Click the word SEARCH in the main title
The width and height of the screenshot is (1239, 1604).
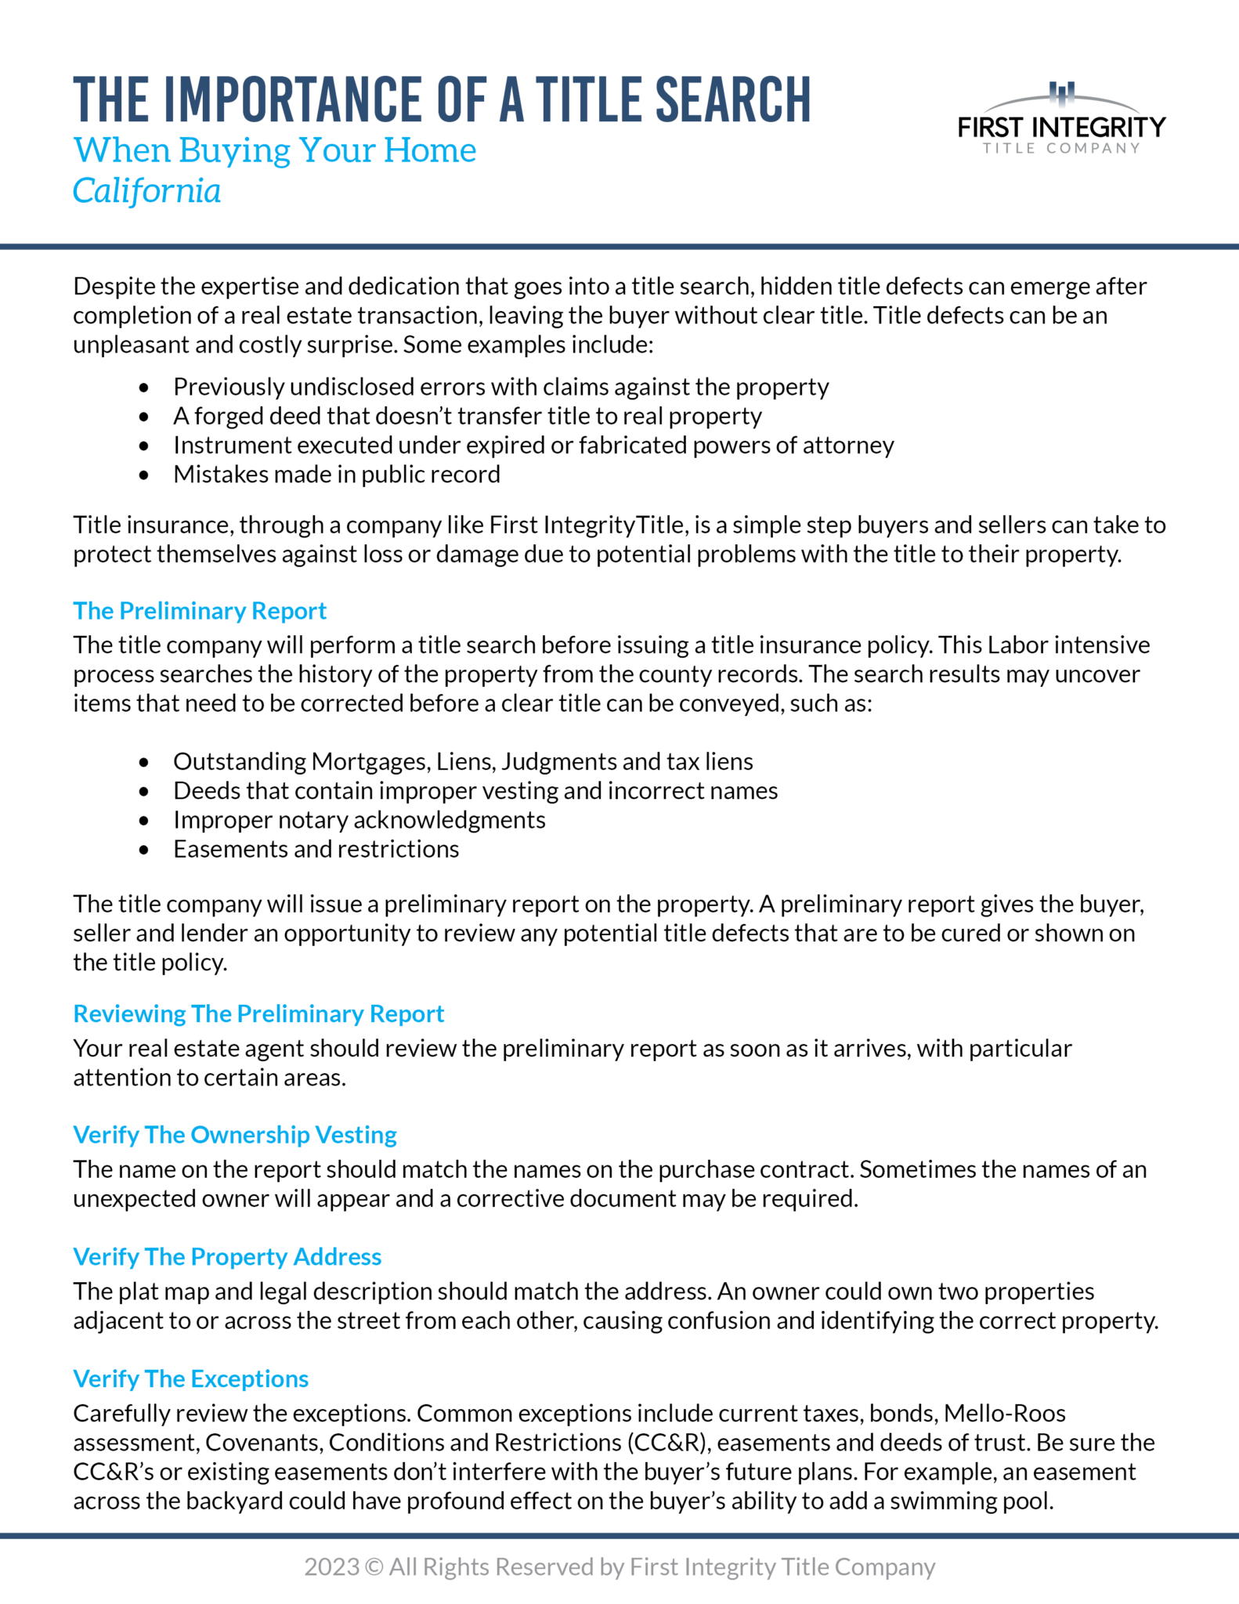[732, 100]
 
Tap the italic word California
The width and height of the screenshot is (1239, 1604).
[147, 191]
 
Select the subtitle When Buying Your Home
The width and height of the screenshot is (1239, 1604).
[275, 150]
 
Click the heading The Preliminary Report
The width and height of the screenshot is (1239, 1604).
[200, 611]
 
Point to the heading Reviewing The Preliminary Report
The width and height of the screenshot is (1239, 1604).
[258, 1013]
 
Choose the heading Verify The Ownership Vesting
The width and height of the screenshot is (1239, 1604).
[235, 1135]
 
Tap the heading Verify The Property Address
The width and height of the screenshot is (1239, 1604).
[227, 1256]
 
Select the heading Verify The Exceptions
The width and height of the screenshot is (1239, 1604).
[191, 1378]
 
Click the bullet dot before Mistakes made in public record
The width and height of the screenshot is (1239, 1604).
[143, 475]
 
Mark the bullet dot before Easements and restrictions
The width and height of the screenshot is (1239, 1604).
[143, 850]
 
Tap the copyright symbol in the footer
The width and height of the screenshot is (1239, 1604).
[374, 1567]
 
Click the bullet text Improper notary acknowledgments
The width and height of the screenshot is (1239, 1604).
[359, 820]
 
